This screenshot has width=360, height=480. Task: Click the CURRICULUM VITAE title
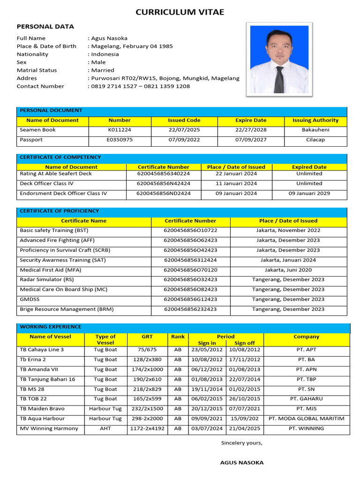tap(180, 12)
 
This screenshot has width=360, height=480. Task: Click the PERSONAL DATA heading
tap(45, 27)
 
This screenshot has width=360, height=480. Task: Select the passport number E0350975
tap(120, 140)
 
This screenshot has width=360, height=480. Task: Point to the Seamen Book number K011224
tap(120, 130)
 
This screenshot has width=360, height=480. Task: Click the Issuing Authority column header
tap(315, 120)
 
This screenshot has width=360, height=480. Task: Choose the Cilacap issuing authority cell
tap(315, 140)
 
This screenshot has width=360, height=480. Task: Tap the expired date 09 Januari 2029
tap(309, 193)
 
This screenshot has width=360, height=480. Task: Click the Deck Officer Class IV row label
tap(46, 183)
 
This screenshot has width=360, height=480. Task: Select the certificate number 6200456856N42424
tap(164, 183)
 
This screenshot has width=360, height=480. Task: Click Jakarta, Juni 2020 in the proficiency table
tap(288, 270)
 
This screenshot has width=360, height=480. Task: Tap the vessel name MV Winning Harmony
tap(49, 428)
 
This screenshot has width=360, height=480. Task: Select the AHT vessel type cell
tap(105, 428)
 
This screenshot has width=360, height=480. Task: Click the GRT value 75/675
tap(147, 350)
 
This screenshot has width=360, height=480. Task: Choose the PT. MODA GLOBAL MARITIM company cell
tap(306, 419)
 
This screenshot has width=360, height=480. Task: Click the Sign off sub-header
tap(245, 343)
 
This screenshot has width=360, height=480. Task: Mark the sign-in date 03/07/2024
tap(207, 428)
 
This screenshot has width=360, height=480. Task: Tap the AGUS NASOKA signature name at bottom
tap(242, 463)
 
